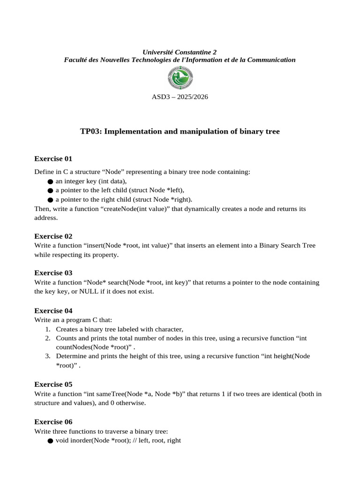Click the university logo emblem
click(180, 78)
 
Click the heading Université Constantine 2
click(180, 52)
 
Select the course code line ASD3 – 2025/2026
click(180, 97)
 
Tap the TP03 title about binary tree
click(180, 132)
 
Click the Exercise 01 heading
click(53, 158)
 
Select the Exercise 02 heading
click(53, 236)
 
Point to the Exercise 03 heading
click(53, 273)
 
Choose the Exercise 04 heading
click(53, 310)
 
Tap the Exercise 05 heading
click(53, 384)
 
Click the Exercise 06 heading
click(53, 422)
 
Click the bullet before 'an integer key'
click(50, 181)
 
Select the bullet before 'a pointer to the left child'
click(50, 190)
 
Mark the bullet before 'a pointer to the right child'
click(50, 200)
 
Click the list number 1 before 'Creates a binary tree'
click(48, 329)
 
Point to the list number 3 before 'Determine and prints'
click(48, 356)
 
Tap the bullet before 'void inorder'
click(50, 441)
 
